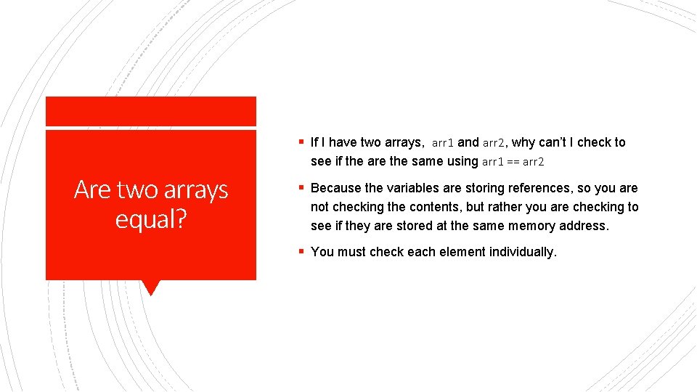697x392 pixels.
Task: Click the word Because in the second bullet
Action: tap(336, 188)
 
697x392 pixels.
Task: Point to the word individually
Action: tap(523, 252)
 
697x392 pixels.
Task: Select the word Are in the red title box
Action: tap(93, 189)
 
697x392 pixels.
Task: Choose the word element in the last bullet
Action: tap(465, 252)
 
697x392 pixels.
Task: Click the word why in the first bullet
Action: tap(524, 143)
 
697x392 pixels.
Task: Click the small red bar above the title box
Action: tap(151, 111)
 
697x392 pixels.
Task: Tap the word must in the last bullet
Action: tap(352, 252)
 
